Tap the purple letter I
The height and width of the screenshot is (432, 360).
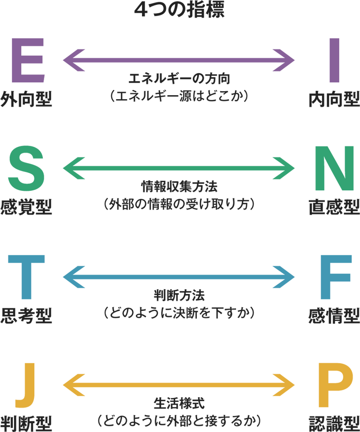[334, 60]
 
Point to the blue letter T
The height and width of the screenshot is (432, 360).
[26, 276]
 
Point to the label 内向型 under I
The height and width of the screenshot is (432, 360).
[334, 100]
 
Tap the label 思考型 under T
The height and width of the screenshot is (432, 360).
[26, 316]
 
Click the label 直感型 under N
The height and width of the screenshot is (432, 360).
[334, 207]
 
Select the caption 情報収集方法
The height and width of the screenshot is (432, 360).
[180, 187]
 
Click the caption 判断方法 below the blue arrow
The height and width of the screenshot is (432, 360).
[180, 295]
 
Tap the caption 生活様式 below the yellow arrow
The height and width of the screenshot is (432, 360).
[180, 403]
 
